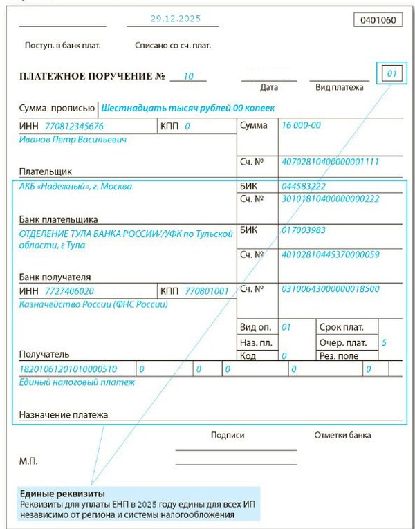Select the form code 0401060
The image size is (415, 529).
point(378,20)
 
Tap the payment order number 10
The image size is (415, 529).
point(188,76)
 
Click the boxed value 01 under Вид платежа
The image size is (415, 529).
point(391,73)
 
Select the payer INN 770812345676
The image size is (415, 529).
point(74,127)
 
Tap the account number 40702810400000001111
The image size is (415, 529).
point(330,162)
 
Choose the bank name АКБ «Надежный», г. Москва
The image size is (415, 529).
point(76,186)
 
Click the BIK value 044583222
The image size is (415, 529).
point(304,187)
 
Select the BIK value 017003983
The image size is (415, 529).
point(304,230)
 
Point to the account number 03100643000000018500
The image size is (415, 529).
point(330,289)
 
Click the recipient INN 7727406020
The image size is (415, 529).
point(69,291)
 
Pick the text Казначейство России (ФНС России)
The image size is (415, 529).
point(93,304)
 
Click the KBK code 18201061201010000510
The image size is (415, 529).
point(69,369)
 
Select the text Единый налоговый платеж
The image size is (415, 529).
point(77,382)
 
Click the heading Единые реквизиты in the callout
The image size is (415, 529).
point(62,494)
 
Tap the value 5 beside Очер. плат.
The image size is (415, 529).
point(384,342)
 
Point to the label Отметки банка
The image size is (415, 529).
point(342,435)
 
